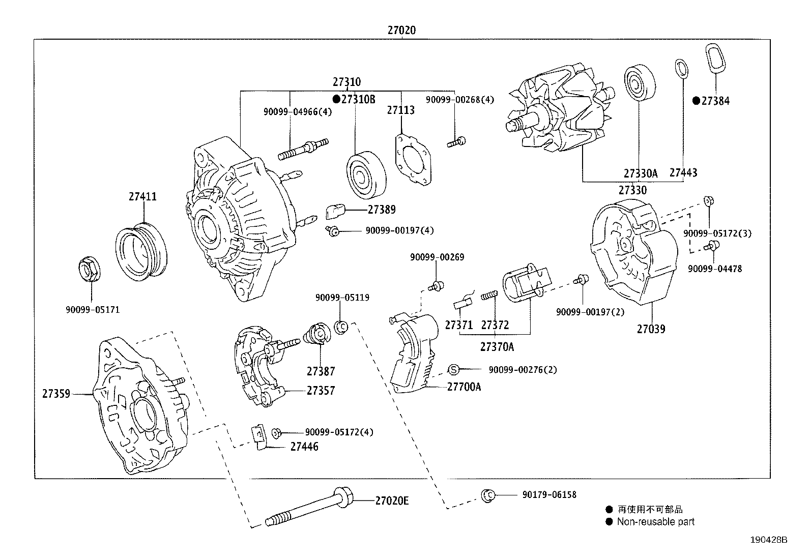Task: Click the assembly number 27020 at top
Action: [401, 31]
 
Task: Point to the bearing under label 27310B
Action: [366, 175]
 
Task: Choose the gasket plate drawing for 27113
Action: [412, 158]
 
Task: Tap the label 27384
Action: [715, 101]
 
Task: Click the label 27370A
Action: [497, 347]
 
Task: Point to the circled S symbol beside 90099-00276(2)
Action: [454, 369]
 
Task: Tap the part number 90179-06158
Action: [549, 494]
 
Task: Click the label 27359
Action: [56, 394]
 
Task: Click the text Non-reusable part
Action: [655, 521]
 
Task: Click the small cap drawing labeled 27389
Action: [335, 211]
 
